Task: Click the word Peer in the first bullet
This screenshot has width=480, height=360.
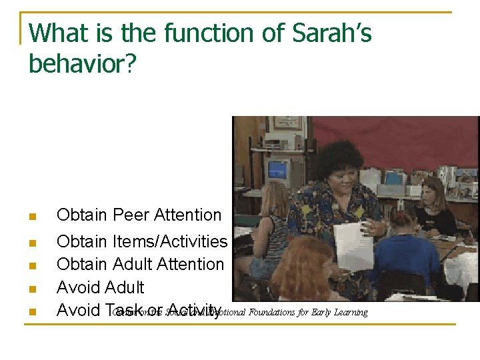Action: [x=131, y=215]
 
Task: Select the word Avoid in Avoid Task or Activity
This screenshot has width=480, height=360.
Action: [x=78, y=310]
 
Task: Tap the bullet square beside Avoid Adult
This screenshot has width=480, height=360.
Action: [x=31, y=289]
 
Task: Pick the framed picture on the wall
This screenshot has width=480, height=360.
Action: [x=287, y=123]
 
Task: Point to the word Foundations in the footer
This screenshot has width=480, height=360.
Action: [x=274, y=312]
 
